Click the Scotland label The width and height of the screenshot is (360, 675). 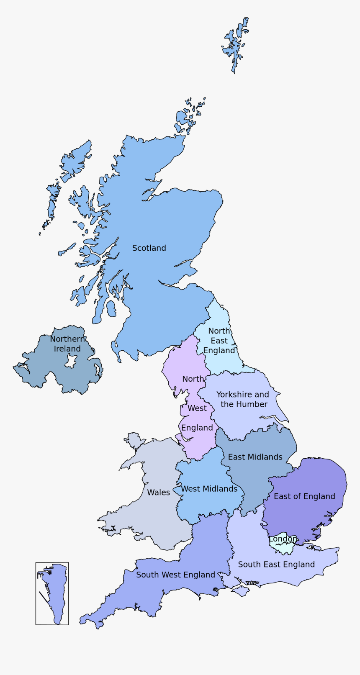coord(149,248)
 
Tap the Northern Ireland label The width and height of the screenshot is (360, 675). coord(67,344)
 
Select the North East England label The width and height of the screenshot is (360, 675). coord(219,341)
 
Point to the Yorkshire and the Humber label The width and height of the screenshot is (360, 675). coord(243,399)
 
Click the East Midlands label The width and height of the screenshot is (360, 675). coord(255,457)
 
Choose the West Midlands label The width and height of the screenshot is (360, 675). coord(209,489)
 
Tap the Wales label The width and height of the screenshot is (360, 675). coord(158,493)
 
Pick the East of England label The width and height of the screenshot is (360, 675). coord(304,496)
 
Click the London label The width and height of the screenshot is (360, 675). coord(283,539)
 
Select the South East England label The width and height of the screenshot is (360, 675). coord(276,565)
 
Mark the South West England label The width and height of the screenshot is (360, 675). coord(175,575)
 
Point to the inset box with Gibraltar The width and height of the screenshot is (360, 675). coord(52,593)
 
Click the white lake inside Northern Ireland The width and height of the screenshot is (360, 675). coord(71,361)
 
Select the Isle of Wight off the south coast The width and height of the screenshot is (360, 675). coord(240,591)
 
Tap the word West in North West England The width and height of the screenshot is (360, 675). coord(197,408)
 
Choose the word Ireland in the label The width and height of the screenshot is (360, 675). coord(67,349)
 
